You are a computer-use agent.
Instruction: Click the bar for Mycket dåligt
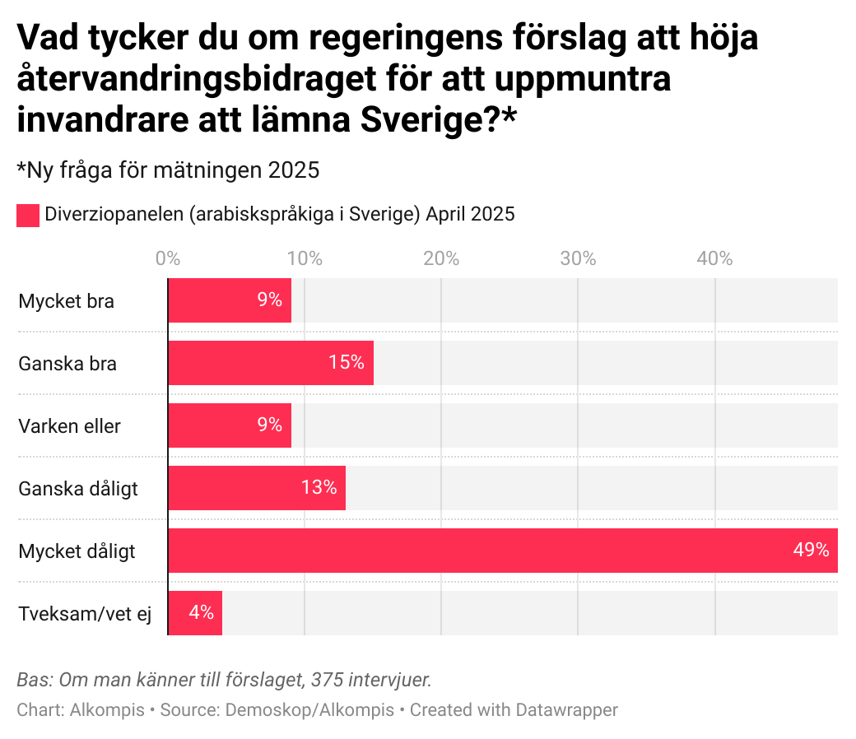[x=502, y=551]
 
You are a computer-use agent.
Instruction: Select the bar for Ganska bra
[x=271, y=363]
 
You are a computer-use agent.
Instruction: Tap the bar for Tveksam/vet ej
[x=195, y=613]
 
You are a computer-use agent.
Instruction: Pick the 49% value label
[x=811, y=551]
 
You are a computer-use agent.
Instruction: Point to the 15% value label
[x=346, y=363]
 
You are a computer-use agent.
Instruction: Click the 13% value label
[x=319, y=488]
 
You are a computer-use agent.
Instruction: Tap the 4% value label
[x=201, y=613]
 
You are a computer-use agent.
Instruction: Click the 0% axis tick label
[x=168, y=258]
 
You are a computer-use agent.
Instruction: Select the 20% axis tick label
[x=441, y=258]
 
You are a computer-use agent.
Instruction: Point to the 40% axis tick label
[x=714, y=258]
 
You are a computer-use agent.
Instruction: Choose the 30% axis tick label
[x=578, y=258]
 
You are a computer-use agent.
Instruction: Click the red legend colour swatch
[x=28, y=216]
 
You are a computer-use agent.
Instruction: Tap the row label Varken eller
[x=69, y=426]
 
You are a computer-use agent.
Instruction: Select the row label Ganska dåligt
[x=78, y=489]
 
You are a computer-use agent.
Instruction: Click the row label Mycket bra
[x=66, y=301]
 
